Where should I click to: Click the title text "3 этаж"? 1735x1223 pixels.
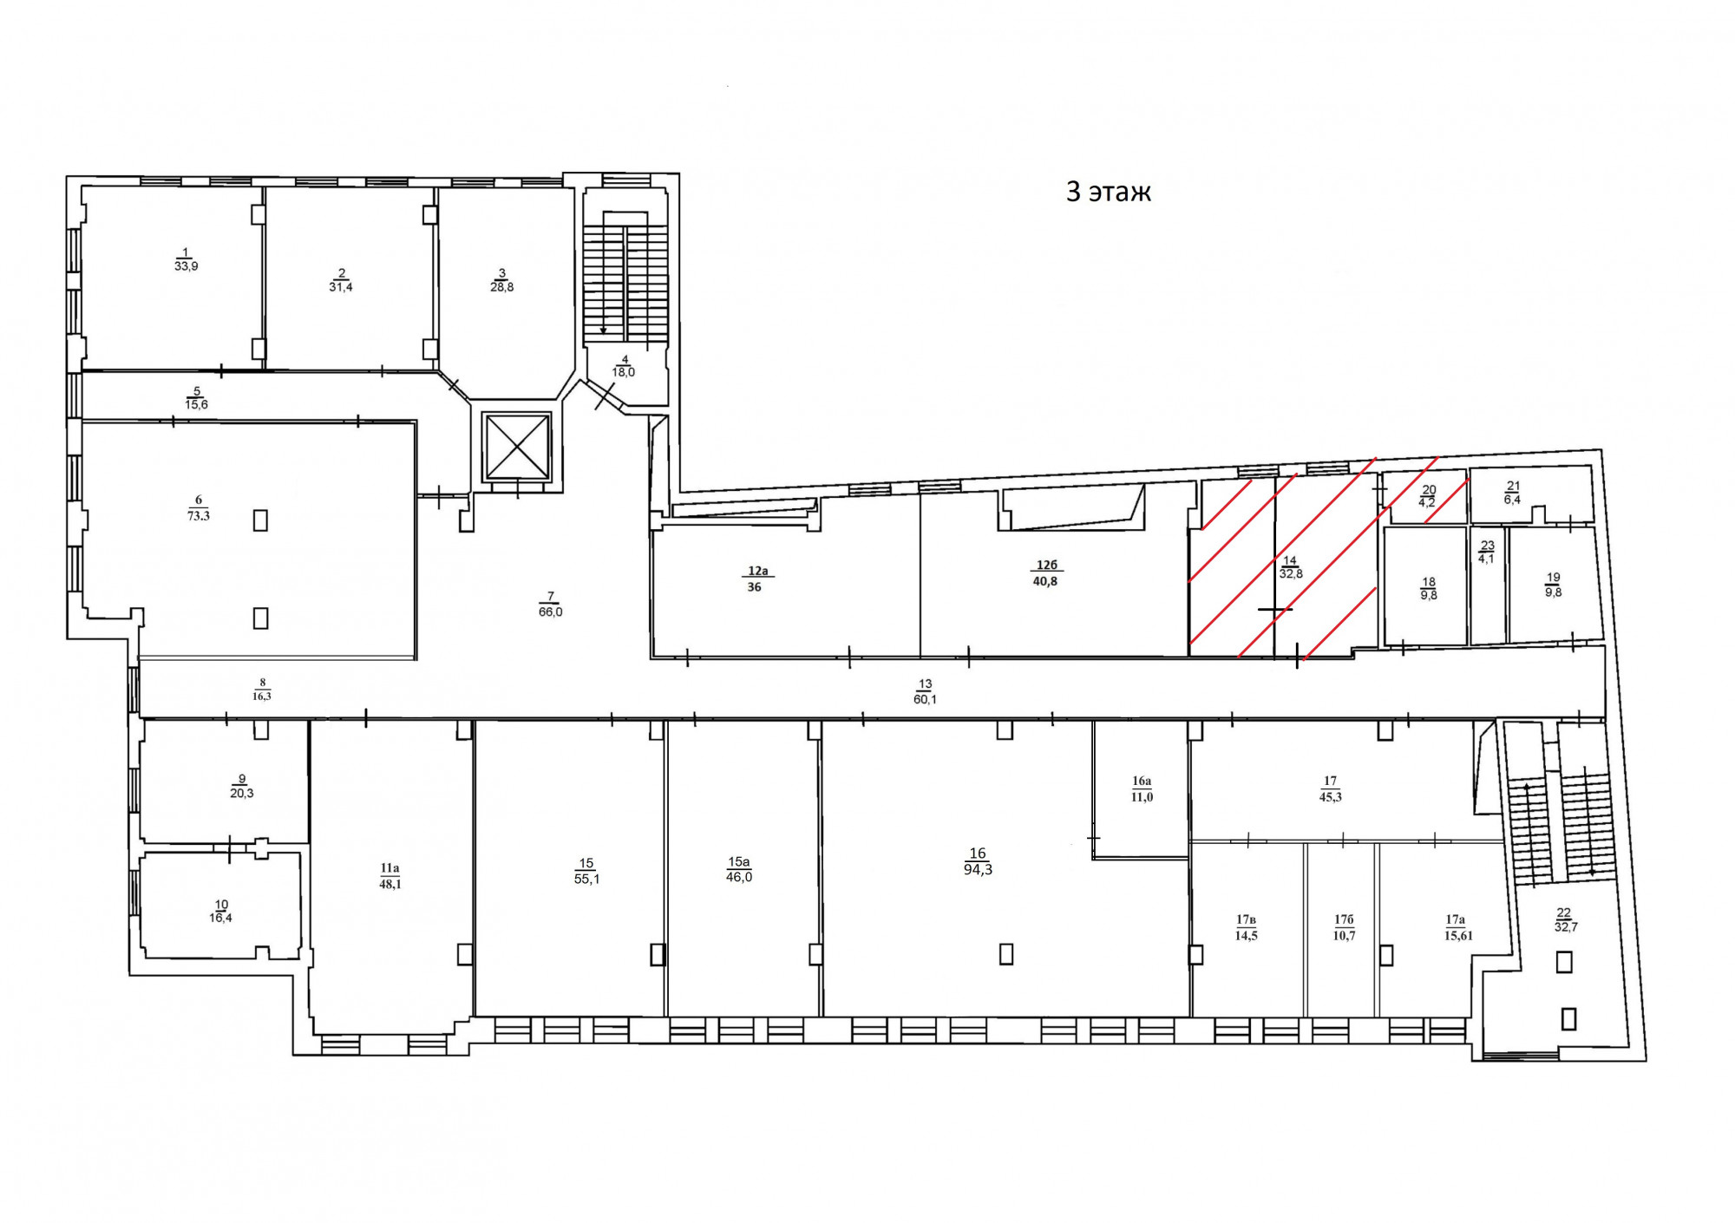(1108, 192)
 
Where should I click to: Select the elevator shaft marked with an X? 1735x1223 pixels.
(518, 447)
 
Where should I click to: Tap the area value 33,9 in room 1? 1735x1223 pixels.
(187, 266)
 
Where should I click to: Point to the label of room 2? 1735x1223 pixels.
(341, 280)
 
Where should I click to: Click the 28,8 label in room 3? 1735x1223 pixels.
(502, 287)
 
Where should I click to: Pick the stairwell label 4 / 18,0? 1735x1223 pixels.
(624, 366)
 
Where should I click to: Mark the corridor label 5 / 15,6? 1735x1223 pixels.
(197, 398)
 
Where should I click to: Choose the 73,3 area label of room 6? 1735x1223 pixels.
(199, 515)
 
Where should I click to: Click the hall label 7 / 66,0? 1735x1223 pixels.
(551, 605)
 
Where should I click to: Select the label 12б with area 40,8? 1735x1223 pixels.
(1046, 573)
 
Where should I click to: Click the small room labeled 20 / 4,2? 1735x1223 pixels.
(1428, 496)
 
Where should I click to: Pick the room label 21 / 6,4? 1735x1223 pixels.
(1513, 493)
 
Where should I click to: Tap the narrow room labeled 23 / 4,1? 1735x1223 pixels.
(1487, 553)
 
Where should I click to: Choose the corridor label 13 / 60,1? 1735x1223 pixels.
(926, 692)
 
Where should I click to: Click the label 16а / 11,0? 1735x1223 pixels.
(1142, 789)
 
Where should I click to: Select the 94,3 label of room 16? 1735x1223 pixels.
(978, 869)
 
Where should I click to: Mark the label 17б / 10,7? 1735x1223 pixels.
(1344, 927)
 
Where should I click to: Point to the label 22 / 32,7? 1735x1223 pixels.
(1565, 919)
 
